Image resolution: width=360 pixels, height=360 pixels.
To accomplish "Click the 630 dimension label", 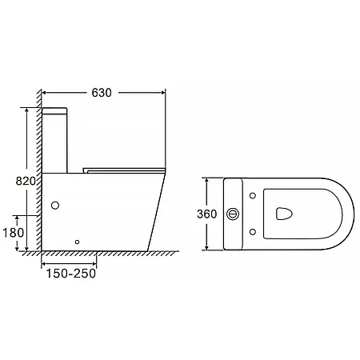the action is coord(102,93).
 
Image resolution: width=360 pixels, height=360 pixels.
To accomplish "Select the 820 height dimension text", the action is coord(26,181).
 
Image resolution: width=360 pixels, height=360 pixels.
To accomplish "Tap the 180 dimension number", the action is coord(14,233).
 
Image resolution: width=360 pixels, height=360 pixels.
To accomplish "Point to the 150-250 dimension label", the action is coord(71,274).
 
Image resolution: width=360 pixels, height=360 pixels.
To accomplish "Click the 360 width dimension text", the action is coord(207,214).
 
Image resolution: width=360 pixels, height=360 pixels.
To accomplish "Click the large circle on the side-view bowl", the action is coord(55,205).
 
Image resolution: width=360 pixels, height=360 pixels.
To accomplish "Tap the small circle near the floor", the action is coord(78,242).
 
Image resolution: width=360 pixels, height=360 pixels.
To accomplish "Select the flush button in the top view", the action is coord(233,214).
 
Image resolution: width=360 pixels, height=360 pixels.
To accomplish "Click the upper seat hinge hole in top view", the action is coord(253,196).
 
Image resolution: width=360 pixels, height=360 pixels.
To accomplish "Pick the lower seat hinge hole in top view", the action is coord(253,232).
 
